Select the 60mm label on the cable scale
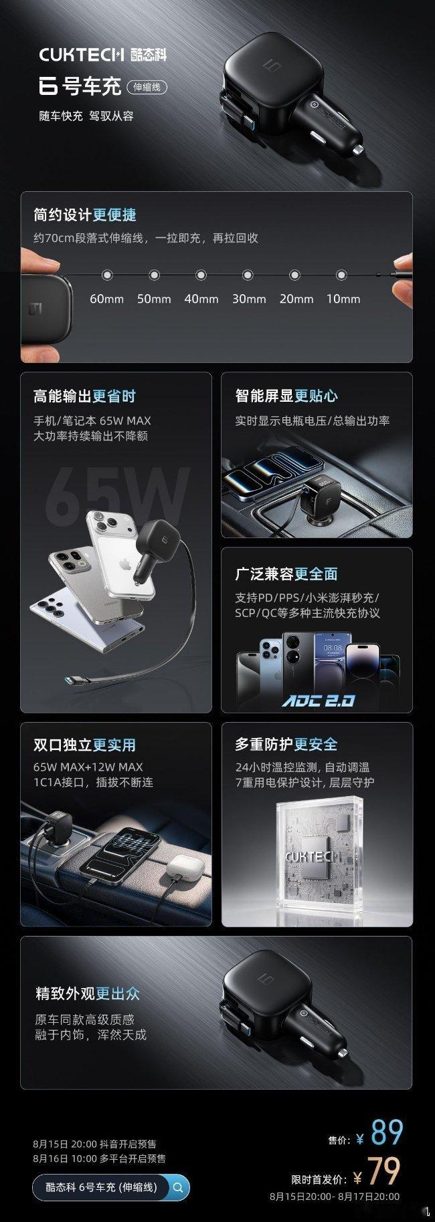click(107, 299)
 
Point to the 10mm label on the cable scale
click(343, 299)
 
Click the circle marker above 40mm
click(201, 275)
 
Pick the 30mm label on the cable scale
click(249, 299)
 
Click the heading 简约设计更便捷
click(85, 215)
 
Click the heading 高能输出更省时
click(85, 396)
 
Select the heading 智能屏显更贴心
click(286, 396)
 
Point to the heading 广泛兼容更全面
click(286, 574)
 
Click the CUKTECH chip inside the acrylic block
click(314, 856)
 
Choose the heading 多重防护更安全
click(286, 745)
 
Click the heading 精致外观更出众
click(88, 993)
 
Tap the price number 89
click(387, 1132)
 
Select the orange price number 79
click(384, 1171)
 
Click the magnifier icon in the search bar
click(178, 1188)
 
